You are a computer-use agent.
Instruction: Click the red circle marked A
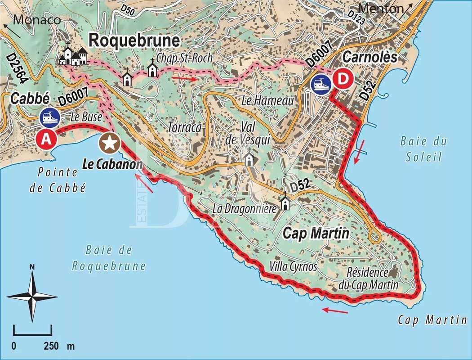46,139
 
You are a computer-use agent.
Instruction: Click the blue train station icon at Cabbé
49,117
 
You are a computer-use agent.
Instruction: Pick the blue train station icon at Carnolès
321,84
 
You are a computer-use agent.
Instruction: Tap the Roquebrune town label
135,40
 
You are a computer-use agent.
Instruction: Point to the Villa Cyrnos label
294,266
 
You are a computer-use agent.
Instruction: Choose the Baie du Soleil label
423,149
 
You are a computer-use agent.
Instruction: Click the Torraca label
184,127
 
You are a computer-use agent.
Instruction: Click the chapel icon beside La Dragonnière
285,202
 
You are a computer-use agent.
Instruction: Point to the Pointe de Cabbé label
57,180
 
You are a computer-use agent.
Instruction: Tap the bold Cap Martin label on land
316,234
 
